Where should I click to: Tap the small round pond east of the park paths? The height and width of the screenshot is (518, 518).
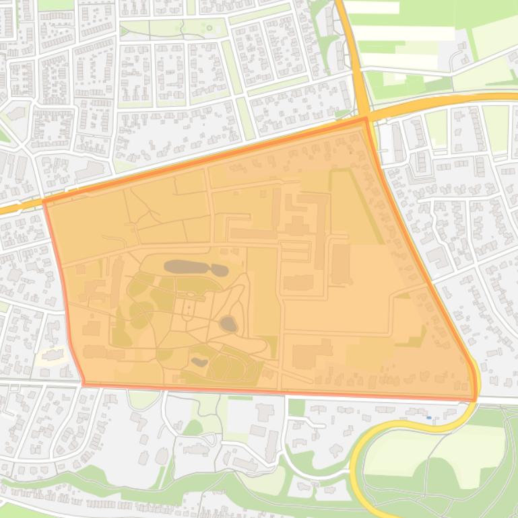pyautogui.click(x=229, y=324)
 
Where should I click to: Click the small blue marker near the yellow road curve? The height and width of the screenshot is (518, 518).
pyautogui.click(x=429, y=418)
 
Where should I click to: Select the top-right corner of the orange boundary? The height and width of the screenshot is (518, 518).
pyautogui.click(x=366, y=119)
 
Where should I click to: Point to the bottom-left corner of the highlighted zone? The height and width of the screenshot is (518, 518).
pyautogui.click(x=84, y=383)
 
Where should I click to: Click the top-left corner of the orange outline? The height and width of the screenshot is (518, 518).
pyautogui.click(x=44, y=200)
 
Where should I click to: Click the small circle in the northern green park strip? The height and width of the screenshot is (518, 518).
pyautogui.click(x=209, y=28)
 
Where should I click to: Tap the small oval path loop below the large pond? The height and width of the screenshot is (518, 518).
pyautogui.click(x=188, y=310)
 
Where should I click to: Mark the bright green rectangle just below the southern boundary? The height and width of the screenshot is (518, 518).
pyautogui.click(x=296, y=408)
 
